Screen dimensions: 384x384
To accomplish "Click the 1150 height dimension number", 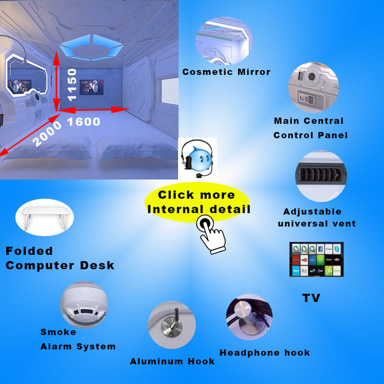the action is (72, 84).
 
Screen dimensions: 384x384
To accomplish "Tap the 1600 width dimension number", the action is (84, 122).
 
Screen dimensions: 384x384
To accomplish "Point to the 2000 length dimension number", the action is (47, 133).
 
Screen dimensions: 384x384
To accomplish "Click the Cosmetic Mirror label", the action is (227, 72).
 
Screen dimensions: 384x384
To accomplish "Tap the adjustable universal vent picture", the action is (321, 176).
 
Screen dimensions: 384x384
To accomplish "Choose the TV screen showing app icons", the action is (317, 259).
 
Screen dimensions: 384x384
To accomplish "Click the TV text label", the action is (311, 298).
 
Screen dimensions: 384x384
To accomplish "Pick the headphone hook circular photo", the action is (249, 317).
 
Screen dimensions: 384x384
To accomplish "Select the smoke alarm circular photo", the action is (84, 305).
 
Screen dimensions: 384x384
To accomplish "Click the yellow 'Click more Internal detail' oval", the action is (197, 202).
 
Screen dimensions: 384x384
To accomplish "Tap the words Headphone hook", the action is (264, 353).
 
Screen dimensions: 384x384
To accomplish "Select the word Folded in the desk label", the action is (29, 251).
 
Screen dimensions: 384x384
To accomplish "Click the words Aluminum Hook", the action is (172, 361).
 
